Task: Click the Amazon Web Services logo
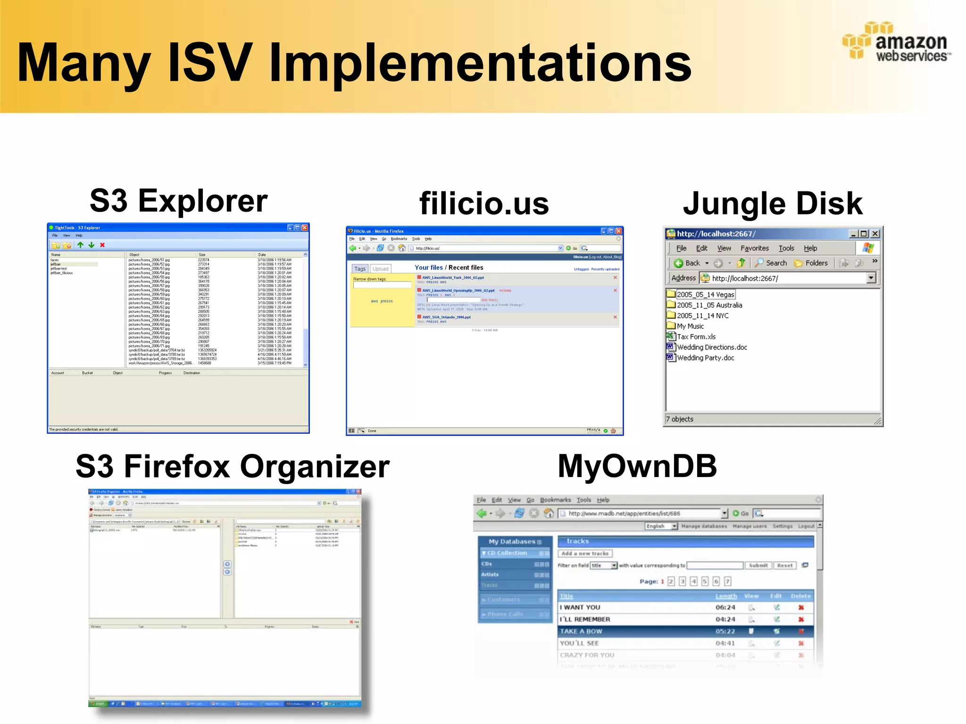tap(896, 42)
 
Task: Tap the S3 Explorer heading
tap(178, 201)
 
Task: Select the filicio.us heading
tap(484, 204)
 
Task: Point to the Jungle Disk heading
tap(773, 204)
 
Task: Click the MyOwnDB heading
tap(637, 466)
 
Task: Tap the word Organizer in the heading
tap(315, 467)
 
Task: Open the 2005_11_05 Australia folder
tap(709, 305)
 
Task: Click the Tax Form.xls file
tap(696, 337)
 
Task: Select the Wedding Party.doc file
tap(705, 358)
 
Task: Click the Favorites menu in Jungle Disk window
tap(754, 248)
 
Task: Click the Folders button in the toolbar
tap(811, 263)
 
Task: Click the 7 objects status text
tap(680, 420)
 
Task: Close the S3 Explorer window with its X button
tap(305, 228)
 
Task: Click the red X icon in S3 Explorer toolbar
tap(102, 245)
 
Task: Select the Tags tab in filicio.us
tap(360, 269)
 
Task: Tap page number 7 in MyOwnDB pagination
tap(728, 582)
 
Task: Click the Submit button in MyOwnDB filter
tap(758, 566)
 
